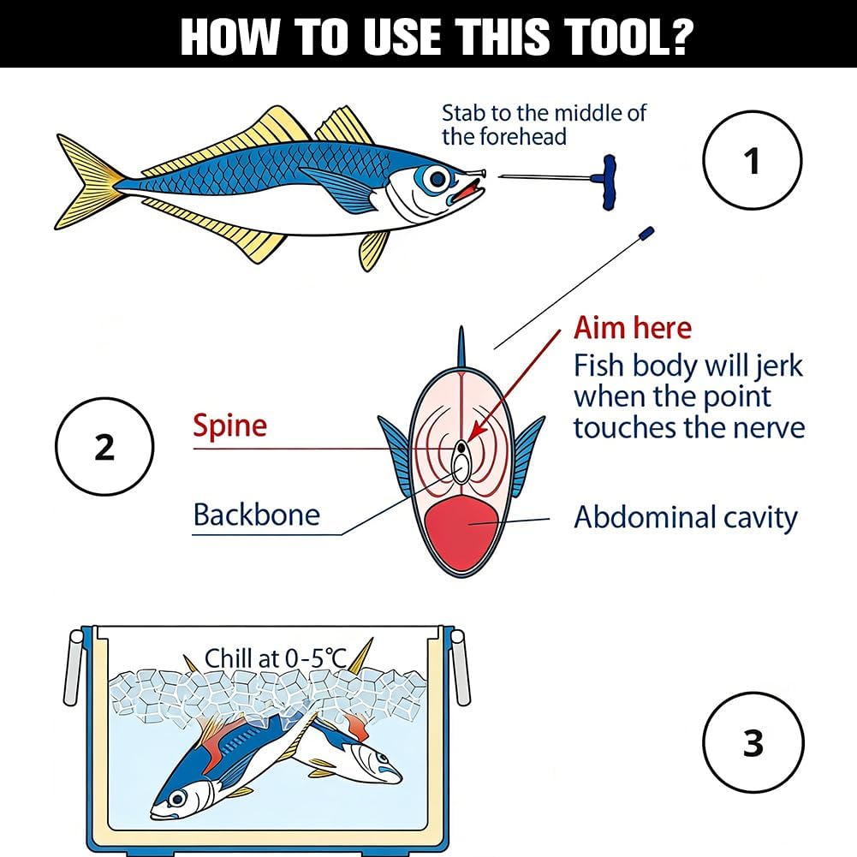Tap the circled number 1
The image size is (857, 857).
click(x=752, y=161)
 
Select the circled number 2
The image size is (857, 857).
click(x=104, y=447)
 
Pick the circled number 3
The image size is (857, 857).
click(x=753, y=743)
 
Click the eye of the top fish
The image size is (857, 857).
click(x=437, y=179)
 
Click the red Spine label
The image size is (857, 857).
click(x=230, y=426)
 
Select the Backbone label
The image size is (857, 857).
click(x=256, y=515)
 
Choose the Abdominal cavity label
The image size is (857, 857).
click(x=686, y=517)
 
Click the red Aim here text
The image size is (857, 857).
click(x=633, y=328)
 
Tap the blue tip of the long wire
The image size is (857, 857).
click(x=646, y=233)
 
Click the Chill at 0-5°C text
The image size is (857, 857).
click(x=276, y=658)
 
